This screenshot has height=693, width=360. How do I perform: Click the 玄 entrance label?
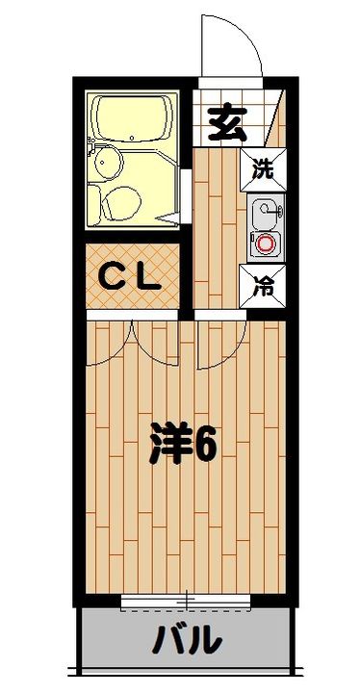click(x=226, y=125)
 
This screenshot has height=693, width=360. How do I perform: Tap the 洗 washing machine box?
click(x=263, y=170)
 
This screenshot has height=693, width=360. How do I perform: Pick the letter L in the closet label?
click(x=146, y=277)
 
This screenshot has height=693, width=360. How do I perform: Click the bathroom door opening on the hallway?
click(x=185, y=183)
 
